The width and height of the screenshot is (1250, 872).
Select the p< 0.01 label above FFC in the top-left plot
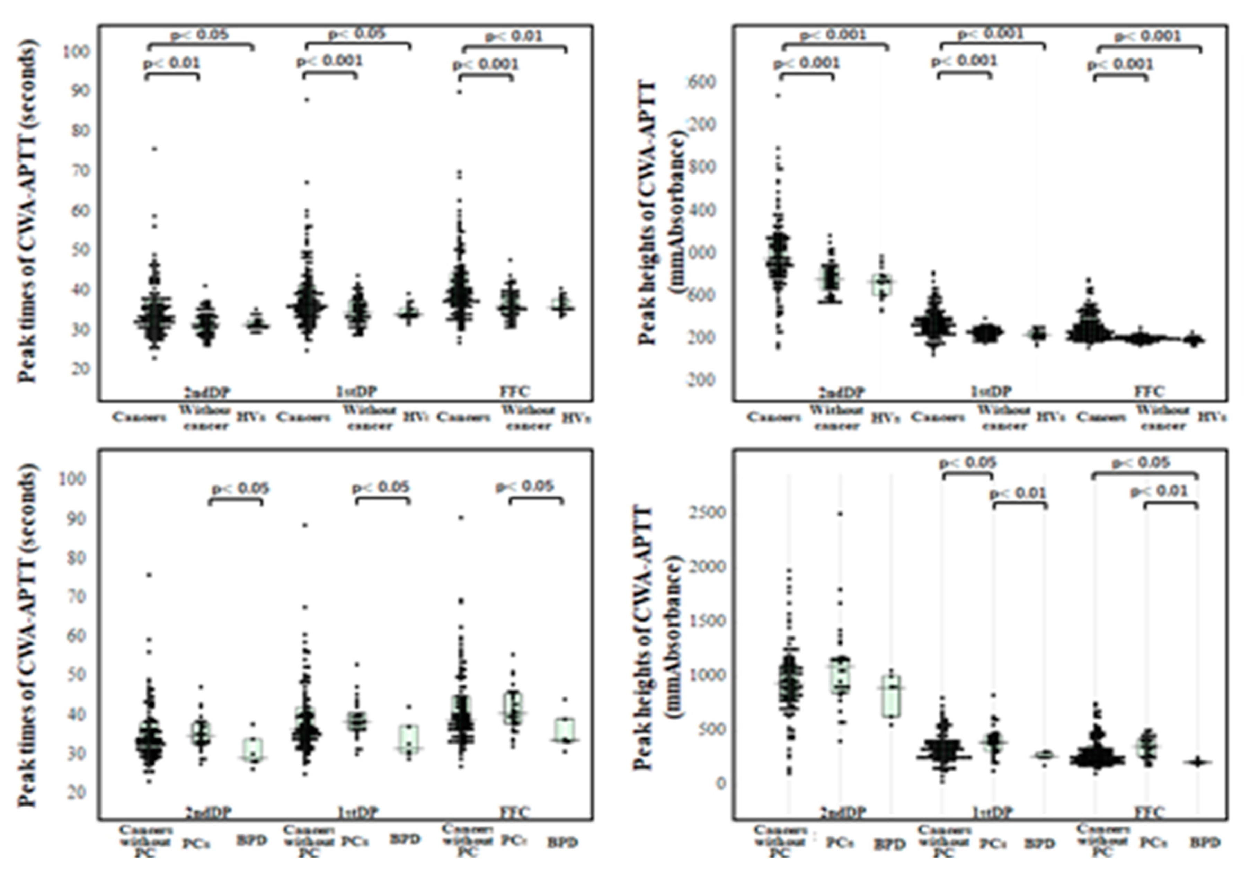coord(514,36)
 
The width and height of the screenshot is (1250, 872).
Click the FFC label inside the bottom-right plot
coord(1149,813)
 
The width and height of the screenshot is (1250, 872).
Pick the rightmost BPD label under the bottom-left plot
coord(562,843)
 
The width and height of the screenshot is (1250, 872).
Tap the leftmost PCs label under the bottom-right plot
coord(840,843)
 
